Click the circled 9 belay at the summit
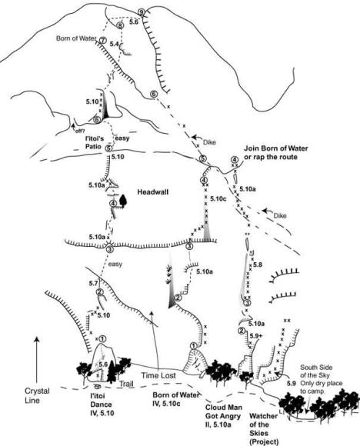pyautogui.click(x=142, y=12)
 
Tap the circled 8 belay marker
pyautogui.click(x=121, y=25)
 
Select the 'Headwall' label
pyautogui.click(x=153, y=192)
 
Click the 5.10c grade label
pyautogui.click(x=218, y=199)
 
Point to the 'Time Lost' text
pyautogui.click(x=158, y=375)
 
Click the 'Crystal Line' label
pyautogui.click(x=36, y=396)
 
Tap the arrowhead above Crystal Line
pyautogui.click(x=37, y=340)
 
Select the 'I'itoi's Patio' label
pyautogui.click(x=95, y=142)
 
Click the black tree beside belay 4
pyautogui.click(x=123, y=200)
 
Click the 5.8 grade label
pyautogui.click(x=257, y=265)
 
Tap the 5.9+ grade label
pyautogui.click(x=255, y=336)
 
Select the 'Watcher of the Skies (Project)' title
pyautogui.click(x=263, y=428)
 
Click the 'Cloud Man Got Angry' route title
pyautogui.click(x=223, y=416)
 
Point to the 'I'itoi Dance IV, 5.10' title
pyautogui.click(x=102, y=404)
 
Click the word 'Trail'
pyautogui.click(x=126, y=384)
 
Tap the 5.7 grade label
pyautogui.click(x=93, y=283)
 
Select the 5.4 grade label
pyautogui.click(x=114, y=44)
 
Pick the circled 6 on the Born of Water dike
pyautogui.click(x=153, y=94)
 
